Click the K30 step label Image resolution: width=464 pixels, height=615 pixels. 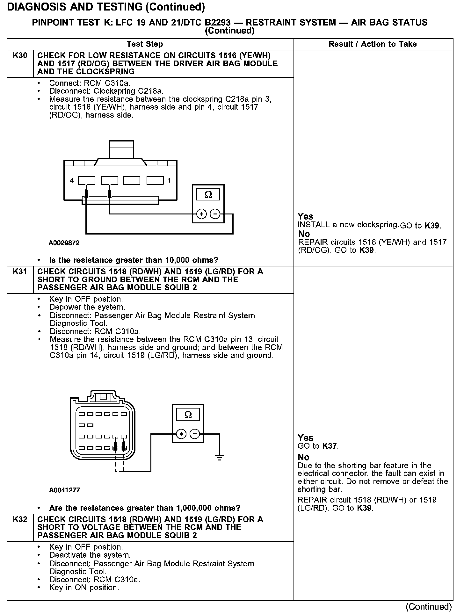[x=20, y=56]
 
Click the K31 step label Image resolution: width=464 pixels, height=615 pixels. [x=20, y=272]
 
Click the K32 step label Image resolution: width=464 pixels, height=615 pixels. [x=20, y=519]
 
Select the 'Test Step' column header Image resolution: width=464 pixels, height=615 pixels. [x=145, y=44]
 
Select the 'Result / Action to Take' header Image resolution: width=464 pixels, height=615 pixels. [x=373, y=44]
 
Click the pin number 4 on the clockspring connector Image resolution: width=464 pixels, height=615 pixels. [x=72, y=181]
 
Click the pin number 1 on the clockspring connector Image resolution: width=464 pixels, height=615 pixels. [x=169, y=181]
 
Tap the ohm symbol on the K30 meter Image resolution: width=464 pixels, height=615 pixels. [x=208, y=195]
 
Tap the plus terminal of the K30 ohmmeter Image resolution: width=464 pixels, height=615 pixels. [x=201, y=214]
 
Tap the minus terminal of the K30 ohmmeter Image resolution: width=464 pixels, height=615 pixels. [x=216, y=214]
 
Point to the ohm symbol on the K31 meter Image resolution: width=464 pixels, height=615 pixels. [x=188, y=415]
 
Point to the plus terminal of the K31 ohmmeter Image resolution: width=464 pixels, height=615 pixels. [x=181, y=434]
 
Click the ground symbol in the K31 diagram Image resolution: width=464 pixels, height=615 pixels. [x=219, y=457]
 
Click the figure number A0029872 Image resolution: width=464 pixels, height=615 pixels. [x=64, y=243]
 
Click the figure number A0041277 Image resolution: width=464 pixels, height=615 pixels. [x=64, y=490]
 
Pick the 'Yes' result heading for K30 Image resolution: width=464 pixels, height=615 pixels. [x=306, y=216]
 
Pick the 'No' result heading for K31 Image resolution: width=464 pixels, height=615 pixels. [x=304, y=457]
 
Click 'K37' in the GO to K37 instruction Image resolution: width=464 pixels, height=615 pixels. [x=330, y=446]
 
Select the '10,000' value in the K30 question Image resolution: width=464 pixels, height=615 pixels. [x=177, y=260]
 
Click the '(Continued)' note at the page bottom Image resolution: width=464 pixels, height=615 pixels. [x=429, y=606]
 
